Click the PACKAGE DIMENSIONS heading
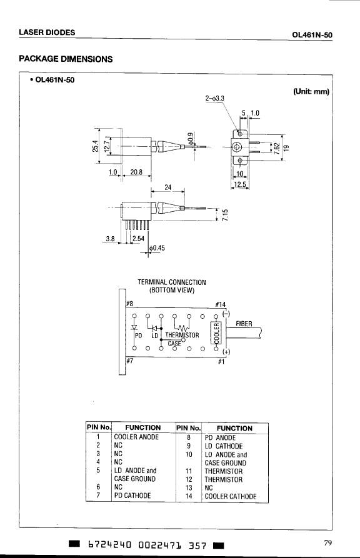click(x=66, y=59)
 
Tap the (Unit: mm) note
click(x=311, y=91)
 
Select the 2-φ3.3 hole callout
click(x=215, y=98)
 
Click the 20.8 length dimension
click(x=136, y=172)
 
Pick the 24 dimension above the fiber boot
click(x=167, y=187)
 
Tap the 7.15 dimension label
click(x=225, y=214)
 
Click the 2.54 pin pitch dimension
click(x=138, y=239)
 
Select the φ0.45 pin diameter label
click(x=157, y=247)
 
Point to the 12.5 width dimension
click(x=241, y=184)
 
